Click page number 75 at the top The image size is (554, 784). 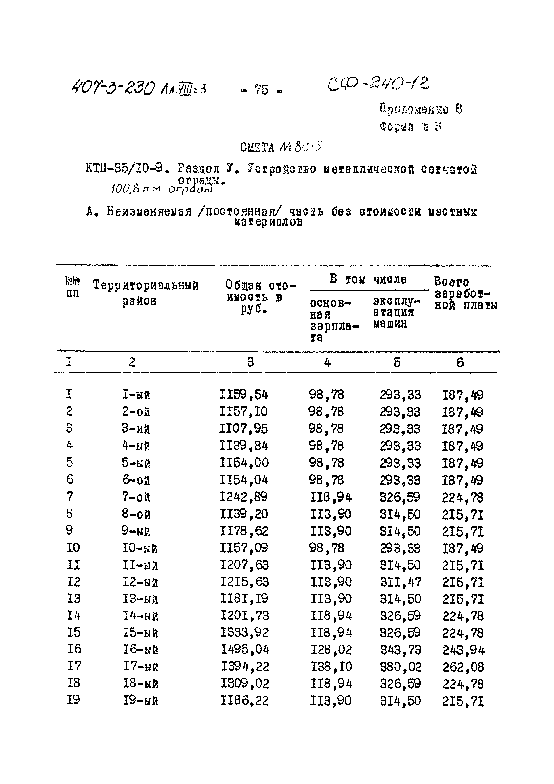tap(261, 90)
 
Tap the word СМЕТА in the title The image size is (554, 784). tap(257, 148)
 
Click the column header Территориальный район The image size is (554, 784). tap(145, 293)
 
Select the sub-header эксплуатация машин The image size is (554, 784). tap(396, 312)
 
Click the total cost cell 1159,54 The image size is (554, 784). tap(243, 395)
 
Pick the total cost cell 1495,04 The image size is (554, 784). tap(245, 649)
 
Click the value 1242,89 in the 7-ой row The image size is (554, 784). tap(243, 497)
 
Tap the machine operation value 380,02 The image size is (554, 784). tap(401, 666)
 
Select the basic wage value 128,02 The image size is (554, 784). tap(331, 649)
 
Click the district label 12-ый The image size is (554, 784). tap(140, 581)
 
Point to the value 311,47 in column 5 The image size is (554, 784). tap(401, 581)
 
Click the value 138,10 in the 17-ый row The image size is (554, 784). tap(331, 666)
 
